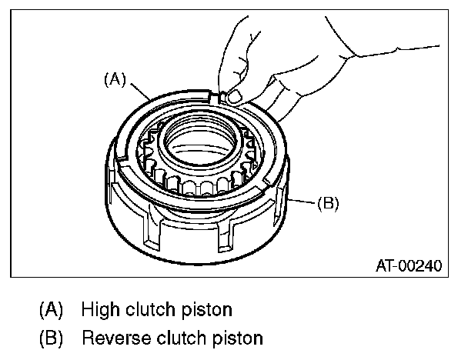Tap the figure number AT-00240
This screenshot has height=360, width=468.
point(408,267)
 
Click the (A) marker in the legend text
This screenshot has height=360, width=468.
point(52,311)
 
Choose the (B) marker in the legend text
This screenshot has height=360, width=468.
point(52,337)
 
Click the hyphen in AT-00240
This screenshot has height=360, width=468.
point(395,267)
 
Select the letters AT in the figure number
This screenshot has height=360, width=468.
point(384,267)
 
